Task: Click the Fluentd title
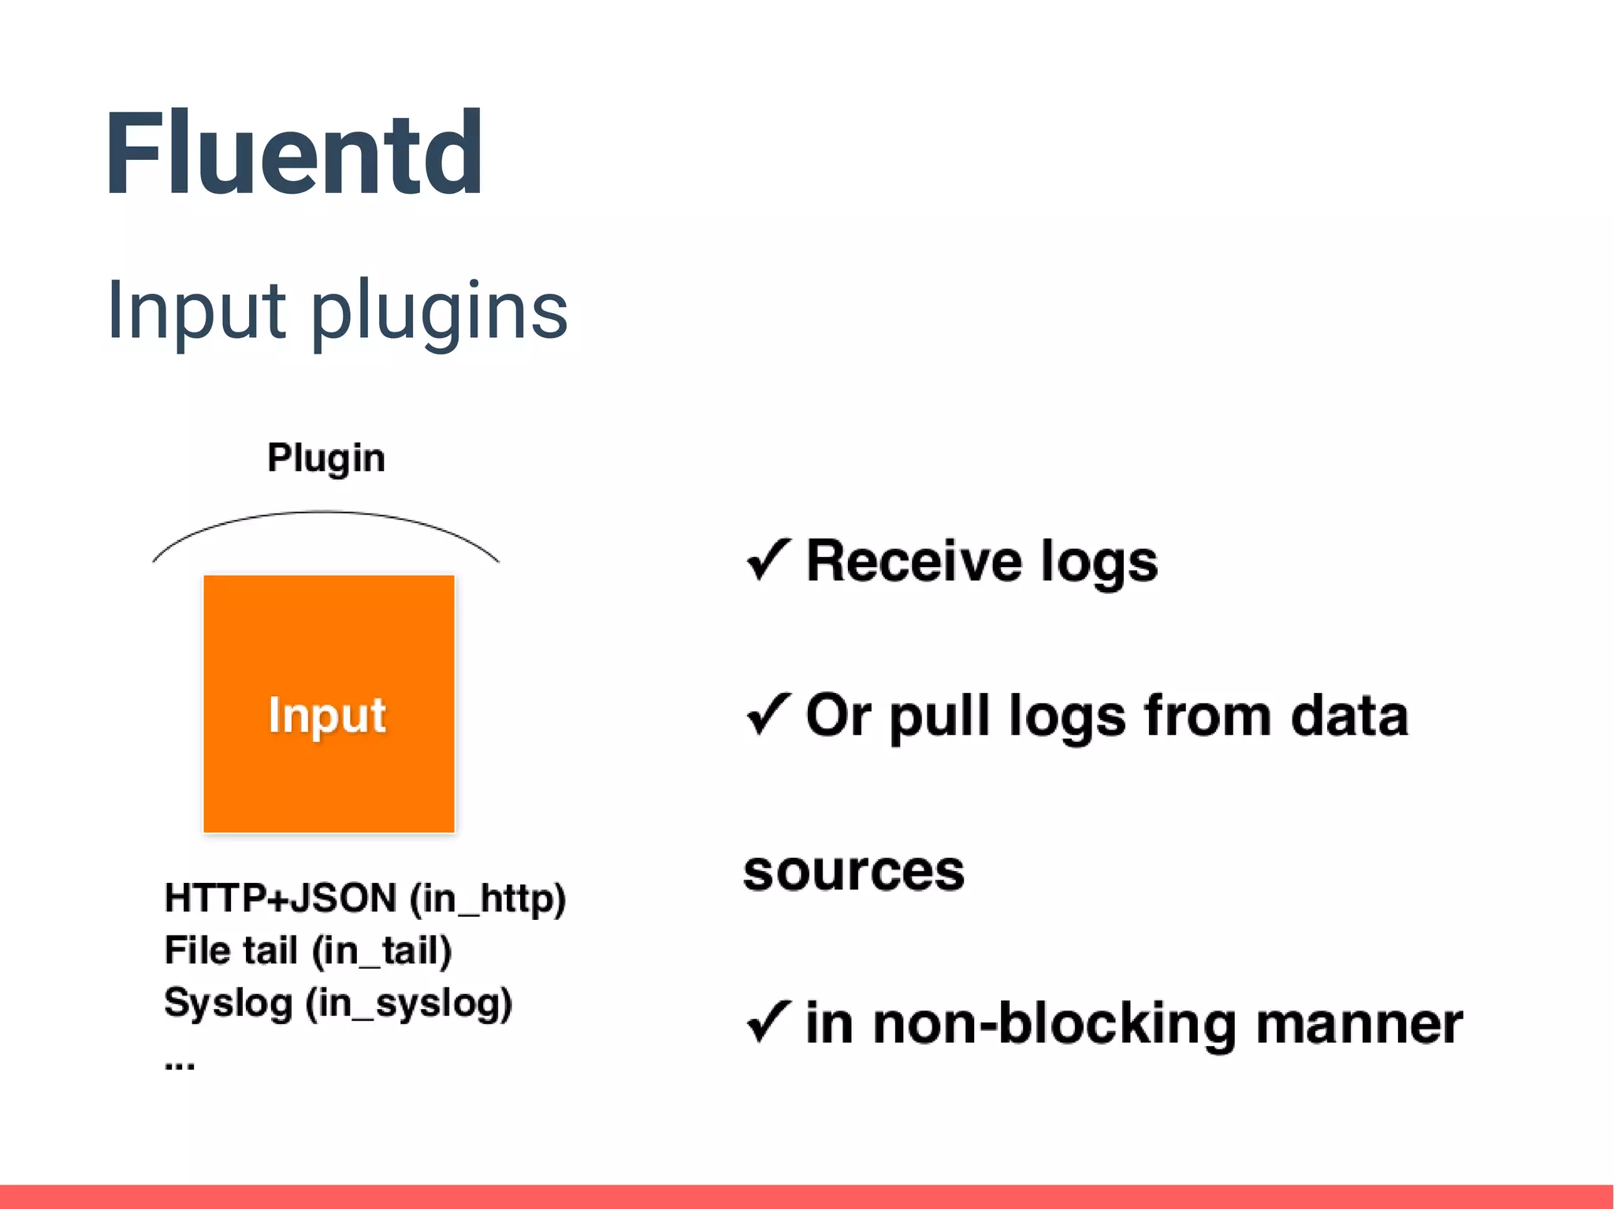293,154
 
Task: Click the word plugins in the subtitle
439,312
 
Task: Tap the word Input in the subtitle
195,310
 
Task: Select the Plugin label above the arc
325,458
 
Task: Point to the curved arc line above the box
325,513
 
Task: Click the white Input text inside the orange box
327,715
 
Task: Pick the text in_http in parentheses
488,899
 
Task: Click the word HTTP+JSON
281,899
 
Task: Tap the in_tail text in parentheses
381,951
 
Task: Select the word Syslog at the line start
228,1003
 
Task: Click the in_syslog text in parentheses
409,1003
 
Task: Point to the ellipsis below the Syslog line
180,1065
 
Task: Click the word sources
853,871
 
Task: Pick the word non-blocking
1054,1024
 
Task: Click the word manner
1359,1024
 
